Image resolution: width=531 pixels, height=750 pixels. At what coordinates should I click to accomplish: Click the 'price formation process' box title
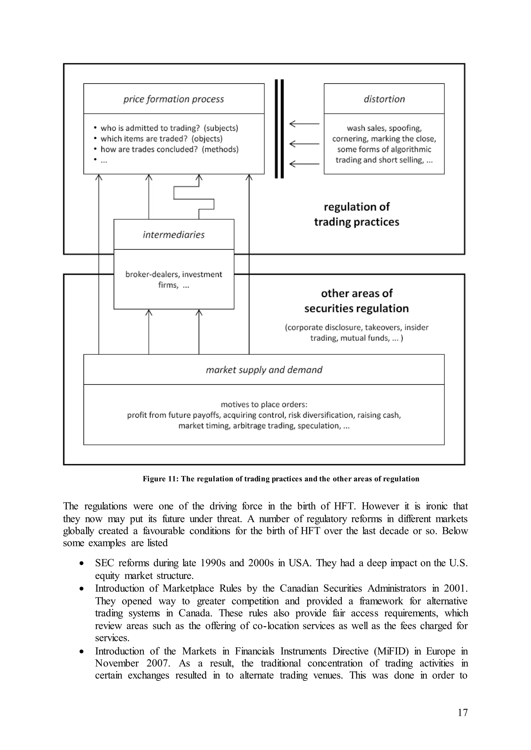pyautogui.click(x=174, y=99)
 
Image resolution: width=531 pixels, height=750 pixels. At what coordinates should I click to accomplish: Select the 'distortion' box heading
pyautogui.click(x=384, y=99)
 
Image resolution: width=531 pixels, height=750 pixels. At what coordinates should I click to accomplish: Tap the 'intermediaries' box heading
pyautogui.click(x=174, y=235)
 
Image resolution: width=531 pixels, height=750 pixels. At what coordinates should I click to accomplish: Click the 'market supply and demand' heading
pyautogui.click(x=264, y=370)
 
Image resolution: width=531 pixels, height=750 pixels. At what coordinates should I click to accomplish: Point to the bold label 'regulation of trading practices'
pyautogui.click(x=357, y=214)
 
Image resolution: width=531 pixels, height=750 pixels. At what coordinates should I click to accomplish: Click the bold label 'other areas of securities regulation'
pyautogui.click(x=357, y=300)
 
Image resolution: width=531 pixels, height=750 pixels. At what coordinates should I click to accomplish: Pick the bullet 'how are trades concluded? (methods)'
pyautogui.click(x=169, y=149)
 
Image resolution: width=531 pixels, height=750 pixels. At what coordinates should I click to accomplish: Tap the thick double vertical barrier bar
pyautogui.click(x=279, y=129)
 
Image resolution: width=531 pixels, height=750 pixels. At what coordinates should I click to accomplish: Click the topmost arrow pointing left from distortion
pyautogui.click(x=304, y=124)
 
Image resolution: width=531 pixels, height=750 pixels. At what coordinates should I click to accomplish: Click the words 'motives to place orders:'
pyautogui.click(x=264, y=405)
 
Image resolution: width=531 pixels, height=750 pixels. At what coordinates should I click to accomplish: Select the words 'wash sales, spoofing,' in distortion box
pyautogui.click(x=384, y=128)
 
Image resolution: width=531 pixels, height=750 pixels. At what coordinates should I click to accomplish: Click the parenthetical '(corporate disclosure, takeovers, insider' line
pyautogui.click(x=357, y=327)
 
